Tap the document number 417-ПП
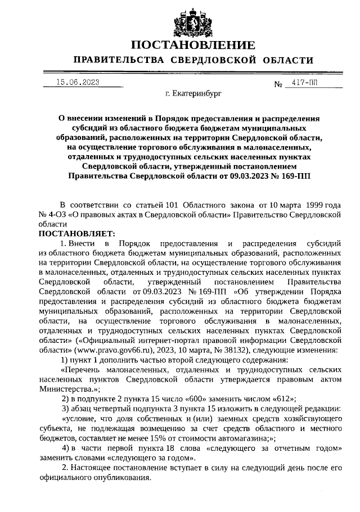click(x=304, y=83)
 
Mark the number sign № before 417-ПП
click(x=277, y=84)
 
